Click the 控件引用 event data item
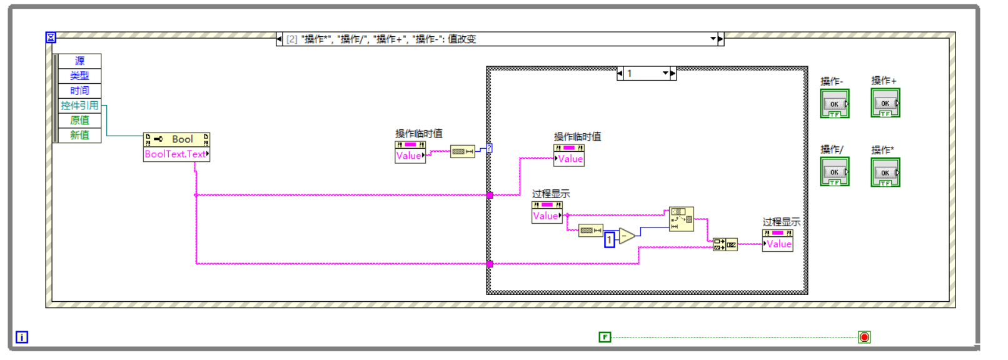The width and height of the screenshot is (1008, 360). [79, 106]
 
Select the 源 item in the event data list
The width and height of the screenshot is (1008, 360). [79, 61]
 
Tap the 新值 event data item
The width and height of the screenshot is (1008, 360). [79, 135]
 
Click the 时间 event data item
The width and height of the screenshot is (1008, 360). [79, 91]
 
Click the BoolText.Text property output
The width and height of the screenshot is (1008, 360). [176, 154]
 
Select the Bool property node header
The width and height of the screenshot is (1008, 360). [176, 139]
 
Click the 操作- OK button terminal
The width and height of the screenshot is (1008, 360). [834, 104]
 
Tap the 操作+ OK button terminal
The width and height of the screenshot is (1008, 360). [885, 103]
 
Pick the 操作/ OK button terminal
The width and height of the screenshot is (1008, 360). [834, 172]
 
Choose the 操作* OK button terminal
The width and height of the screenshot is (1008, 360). [885, 172]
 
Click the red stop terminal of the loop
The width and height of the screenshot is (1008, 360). [864, 337]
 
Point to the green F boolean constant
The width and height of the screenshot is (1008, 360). [605, 337]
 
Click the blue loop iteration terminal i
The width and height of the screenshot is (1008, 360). [22, 337]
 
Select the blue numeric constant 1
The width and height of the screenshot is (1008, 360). [609, 239]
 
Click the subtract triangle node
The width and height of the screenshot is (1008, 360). [626, 236]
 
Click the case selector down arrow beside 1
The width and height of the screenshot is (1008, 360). [665, 74]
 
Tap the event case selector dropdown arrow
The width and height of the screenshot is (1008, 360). [713, 39]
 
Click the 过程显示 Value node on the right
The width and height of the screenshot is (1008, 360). [778, 244]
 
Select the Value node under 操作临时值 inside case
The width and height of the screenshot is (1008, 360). [569, 159]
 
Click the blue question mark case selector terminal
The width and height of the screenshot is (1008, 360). [489, 148]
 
